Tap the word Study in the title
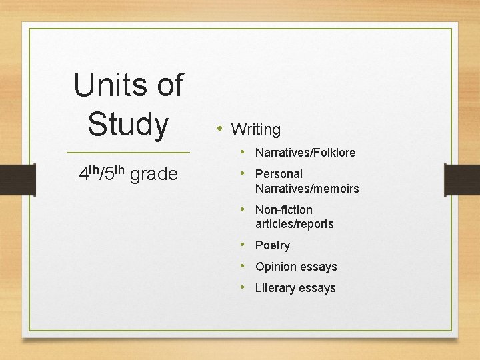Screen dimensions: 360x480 (128, 124)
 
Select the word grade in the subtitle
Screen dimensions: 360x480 (154, 175)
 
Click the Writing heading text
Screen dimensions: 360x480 (256, 129)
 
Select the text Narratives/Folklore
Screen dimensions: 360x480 (305, 153)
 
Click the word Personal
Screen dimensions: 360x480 (279, 174)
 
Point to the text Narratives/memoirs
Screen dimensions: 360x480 (307, 189)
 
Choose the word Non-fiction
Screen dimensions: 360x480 (284, 210)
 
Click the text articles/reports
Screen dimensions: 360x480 (294, 224)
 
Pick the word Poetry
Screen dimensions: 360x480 (273, 245)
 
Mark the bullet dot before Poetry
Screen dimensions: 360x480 (244, 244)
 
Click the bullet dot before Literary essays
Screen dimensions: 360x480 (244, 287)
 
